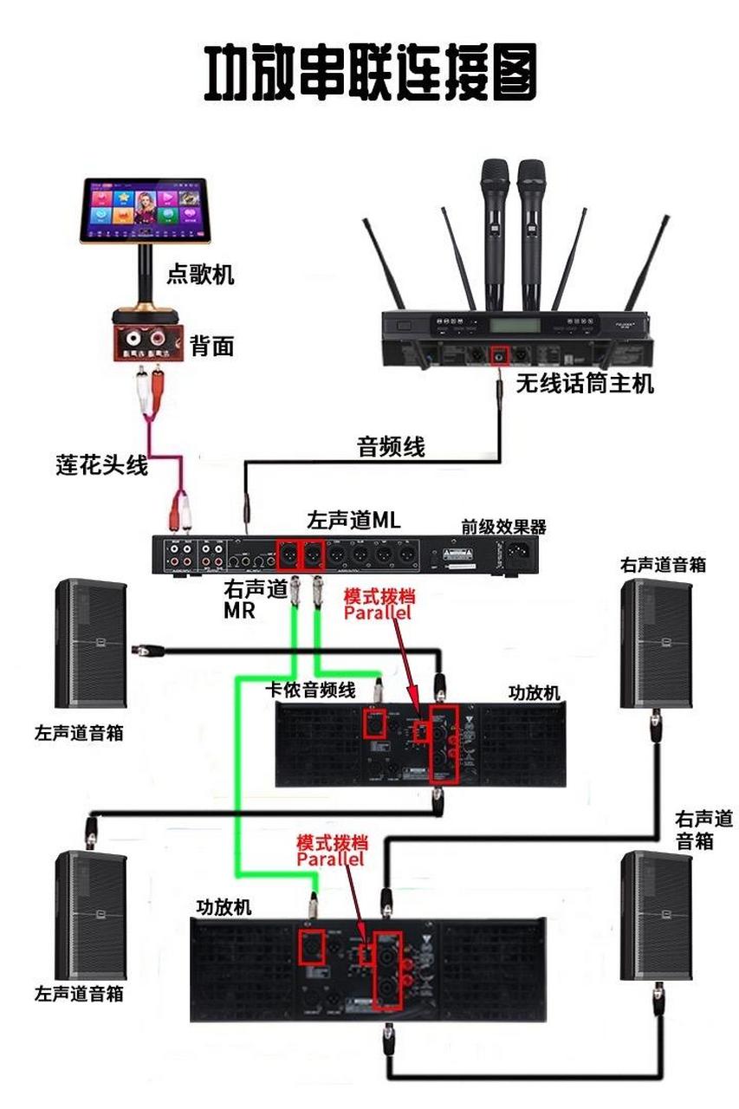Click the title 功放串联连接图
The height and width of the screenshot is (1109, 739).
pyautogui.click(x=370, y=73)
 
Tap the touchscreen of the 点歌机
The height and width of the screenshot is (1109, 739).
pyautogui.click(x=145, y=209)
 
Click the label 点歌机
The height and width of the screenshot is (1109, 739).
pyautogui.click(x=200, y=276)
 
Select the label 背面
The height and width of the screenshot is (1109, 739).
pyautogui.click(x=212, y=347)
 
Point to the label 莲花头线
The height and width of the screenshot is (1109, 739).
pyautogui.click(x=101, y=465)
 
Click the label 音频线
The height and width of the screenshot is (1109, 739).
pyautogui.click(x=392, y=446)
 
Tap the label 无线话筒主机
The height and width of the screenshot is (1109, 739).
pyautogui.click(x=585, y=382)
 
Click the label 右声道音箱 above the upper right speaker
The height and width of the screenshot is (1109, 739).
pyautogui.click(x=663, y=565)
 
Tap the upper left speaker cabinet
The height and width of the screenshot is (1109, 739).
pyautogui.click(x=90, y=643)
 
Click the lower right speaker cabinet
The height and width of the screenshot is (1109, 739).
pyautogui.click(x=656, y=915)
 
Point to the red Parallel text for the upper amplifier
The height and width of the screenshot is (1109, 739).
pyautogui.click(x=378, y=613)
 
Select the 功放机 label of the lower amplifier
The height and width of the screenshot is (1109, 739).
pyautogui.click(x=224, y=907)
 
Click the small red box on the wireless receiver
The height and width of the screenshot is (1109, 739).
pyautogui.click(x=500, y=355)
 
